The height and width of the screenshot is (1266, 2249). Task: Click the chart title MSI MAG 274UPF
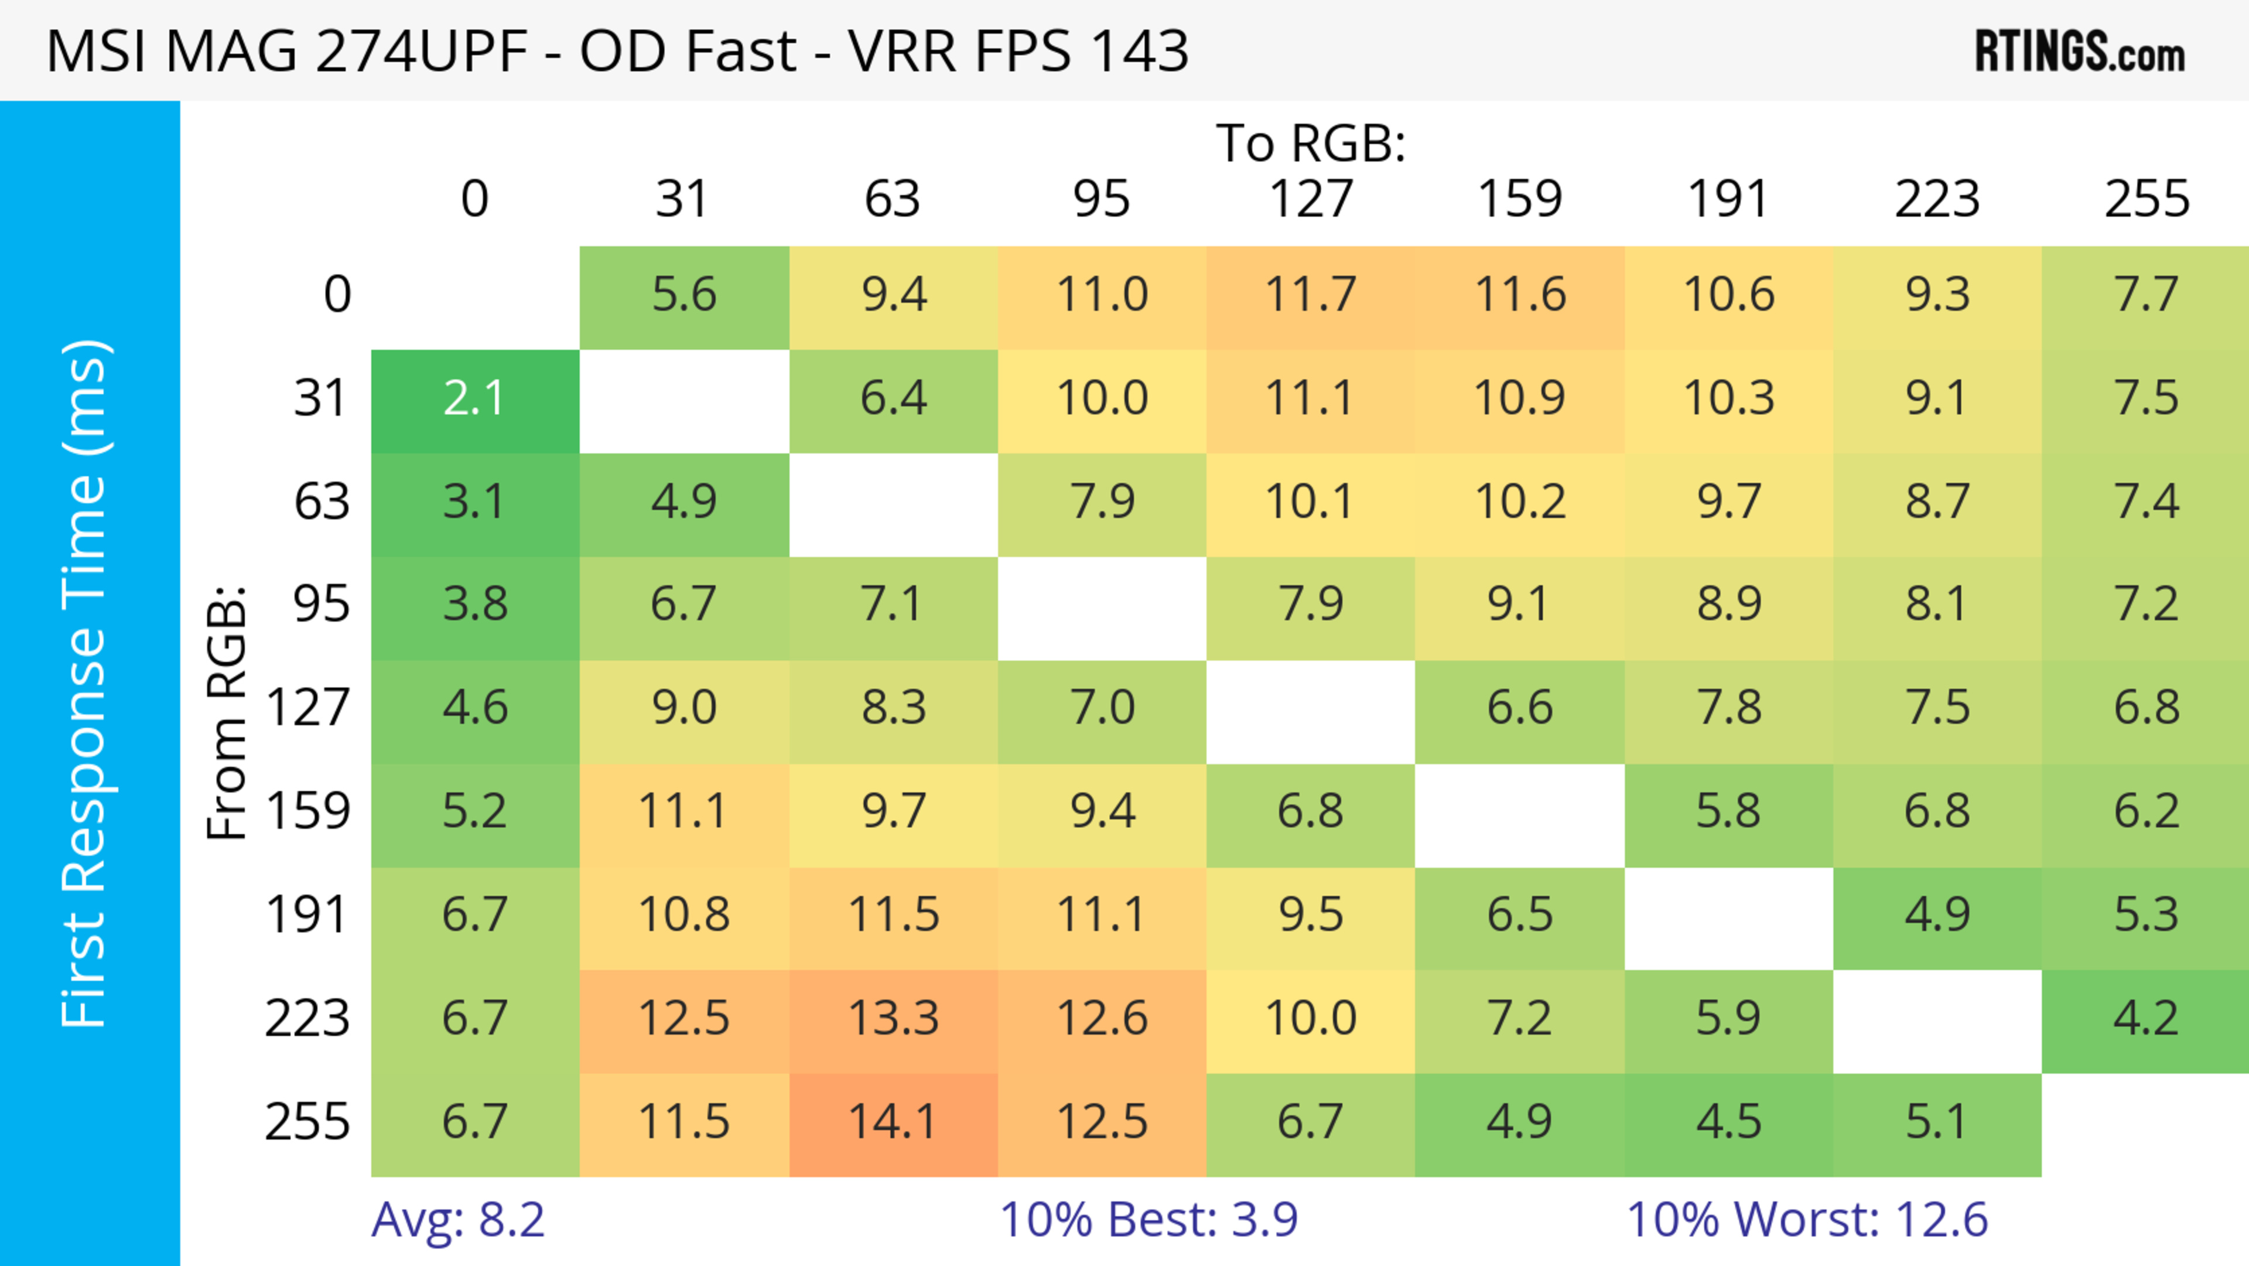click(616, 50)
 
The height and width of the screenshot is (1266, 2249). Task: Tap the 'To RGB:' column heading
click(1311, 143)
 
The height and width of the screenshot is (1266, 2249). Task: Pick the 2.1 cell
click(475, 399)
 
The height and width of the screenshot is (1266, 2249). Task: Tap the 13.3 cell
click(893, 1019)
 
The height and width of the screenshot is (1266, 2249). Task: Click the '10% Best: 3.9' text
click(1148, 1220)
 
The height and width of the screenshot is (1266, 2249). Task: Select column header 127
click(1311, 199)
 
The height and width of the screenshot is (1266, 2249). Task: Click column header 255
click(2146, 199)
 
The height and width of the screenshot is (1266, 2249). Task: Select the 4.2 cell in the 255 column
click(2146, 1019)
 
